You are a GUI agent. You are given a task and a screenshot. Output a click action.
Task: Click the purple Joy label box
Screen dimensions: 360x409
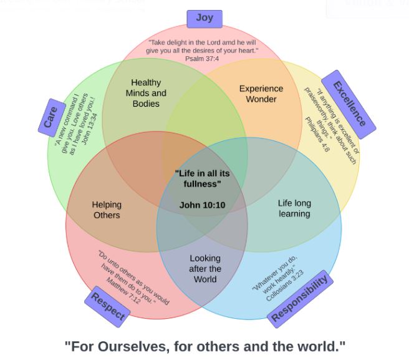205,18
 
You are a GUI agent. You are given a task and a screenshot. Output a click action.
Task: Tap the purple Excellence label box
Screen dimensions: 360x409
348,104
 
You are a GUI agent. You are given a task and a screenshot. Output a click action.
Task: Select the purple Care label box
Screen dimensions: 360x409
51,117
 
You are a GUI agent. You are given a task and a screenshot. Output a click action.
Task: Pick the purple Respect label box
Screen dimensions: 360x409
107,306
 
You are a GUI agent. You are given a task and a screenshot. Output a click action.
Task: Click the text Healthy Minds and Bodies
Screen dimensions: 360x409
147,93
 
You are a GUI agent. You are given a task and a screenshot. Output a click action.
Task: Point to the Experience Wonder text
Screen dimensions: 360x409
261,94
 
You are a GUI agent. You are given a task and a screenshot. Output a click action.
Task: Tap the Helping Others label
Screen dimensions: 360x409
107,210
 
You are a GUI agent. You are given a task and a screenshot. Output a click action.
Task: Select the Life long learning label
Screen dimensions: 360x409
294,208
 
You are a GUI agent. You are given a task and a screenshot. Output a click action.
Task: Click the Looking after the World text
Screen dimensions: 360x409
205,268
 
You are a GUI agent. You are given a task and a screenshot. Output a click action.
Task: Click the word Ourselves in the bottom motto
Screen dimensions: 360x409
137,346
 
